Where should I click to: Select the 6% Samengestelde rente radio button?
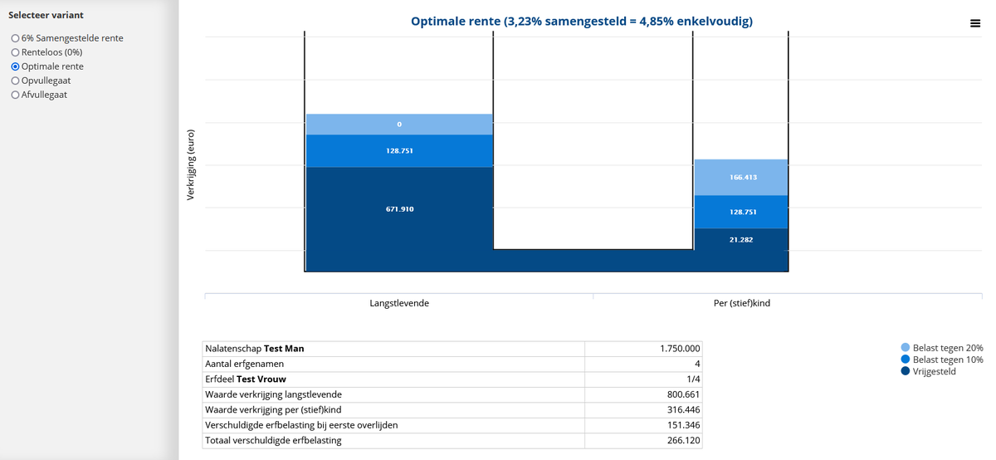point(15,38)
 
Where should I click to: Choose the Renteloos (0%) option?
point(15,52)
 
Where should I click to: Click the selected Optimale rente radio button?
point(15,66)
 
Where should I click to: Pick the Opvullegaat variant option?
point(15,81)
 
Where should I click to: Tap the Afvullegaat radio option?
point(15,95)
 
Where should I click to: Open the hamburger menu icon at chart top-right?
point(974,23)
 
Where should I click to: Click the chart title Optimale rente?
point(582,21)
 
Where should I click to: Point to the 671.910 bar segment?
point(399,209)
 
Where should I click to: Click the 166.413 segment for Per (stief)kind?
point(740,178)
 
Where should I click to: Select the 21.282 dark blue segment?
point(740,239)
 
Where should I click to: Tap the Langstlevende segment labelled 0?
point(399,125)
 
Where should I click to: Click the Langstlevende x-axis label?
point(399,304)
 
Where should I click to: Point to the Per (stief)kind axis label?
point(741,304)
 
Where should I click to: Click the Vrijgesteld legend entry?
point(934,371)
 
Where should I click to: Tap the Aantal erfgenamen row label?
point(246,364)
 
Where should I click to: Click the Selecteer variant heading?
point(46,15)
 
